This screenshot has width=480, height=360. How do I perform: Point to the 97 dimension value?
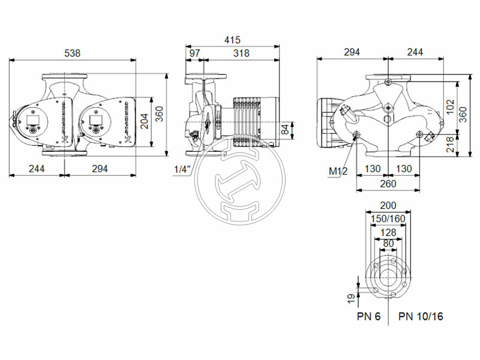coord(194,53)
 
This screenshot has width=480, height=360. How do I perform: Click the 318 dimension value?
coord(241,53)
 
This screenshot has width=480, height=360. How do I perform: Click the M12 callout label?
coord(337,172)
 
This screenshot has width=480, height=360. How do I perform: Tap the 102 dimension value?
coord(452,106)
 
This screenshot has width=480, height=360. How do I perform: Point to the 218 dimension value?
coord(451,144)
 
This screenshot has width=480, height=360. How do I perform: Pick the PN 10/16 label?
coord(421,316)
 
